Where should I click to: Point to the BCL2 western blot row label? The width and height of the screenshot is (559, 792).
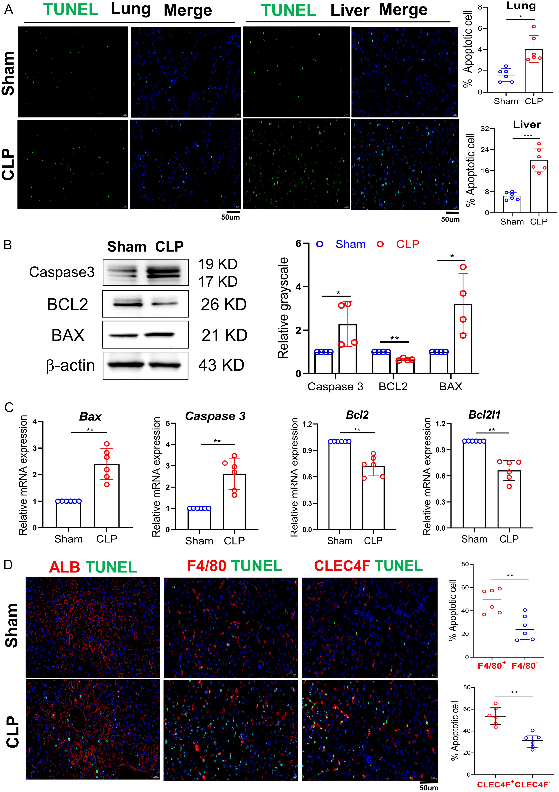pos(68,304)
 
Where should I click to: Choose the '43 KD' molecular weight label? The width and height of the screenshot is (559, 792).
pos(221,365)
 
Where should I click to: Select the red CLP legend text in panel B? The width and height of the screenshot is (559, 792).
pos(408,244)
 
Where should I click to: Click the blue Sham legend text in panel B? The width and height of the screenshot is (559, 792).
pos(350,244)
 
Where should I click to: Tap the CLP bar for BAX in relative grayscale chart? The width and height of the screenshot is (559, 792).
pos(463,339)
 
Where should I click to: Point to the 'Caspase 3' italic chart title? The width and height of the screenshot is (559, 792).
pos(215,416)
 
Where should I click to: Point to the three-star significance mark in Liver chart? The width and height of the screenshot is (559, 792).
pos(528,136)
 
